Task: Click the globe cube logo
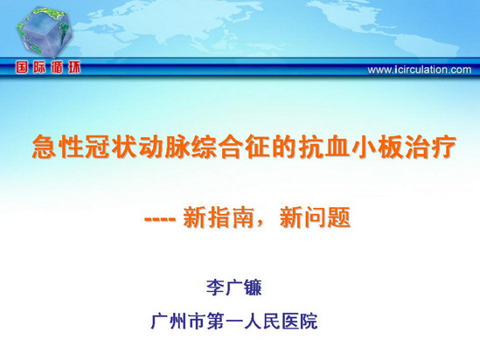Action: [x=44, y=32]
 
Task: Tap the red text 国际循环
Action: [x=48, y=67]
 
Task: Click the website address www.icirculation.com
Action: [x=419, y=70]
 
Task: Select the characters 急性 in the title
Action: [x=59, y=147]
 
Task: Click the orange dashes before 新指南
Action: [x=160, y=219]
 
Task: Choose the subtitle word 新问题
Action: [x=315, y=218]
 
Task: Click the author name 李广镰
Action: [x=234, y=287]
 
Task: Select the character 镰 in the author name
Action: [x=253, y=287]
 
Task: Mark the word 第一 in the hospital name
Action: [x=225, y=321]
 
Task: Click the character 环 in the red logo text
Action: [x=74, y=67]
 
